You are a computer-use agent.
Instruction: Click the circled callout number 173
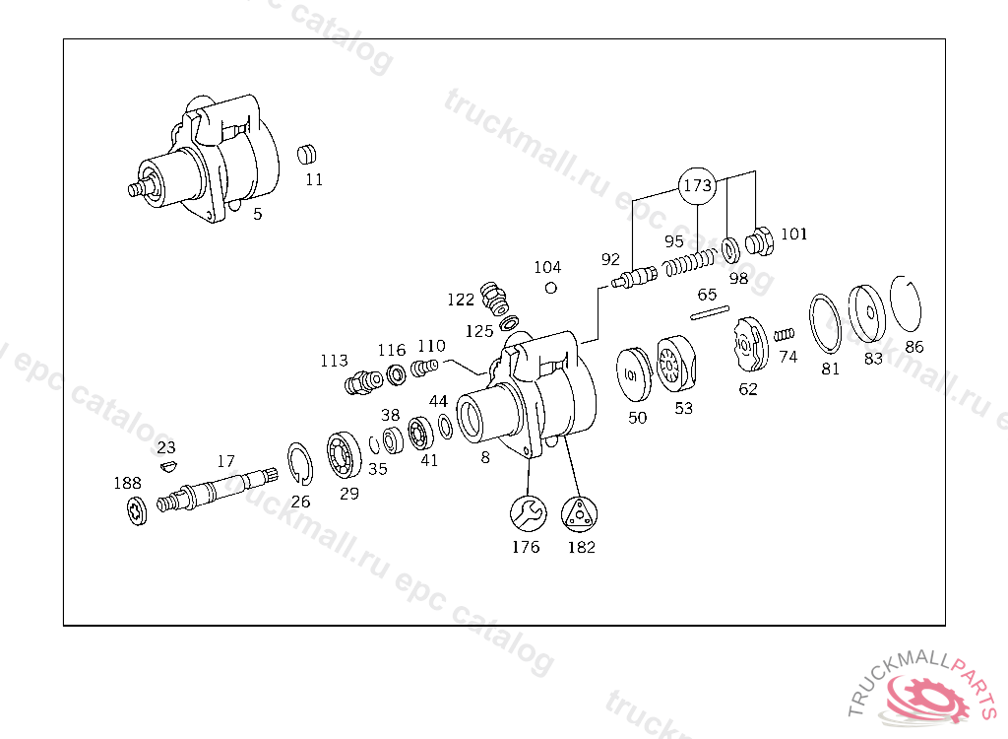coord(697,186)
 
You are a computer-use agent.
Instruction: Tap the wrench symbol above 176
coord(529,513)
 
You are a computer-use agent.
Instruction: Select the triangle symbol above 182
coord(579,514)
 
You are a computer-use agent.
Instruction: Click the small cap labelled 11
coord(307,155)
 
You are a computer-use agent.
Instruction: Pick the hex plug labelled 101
coord(760,242)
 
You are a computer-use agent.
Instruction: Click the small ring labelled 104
coord(551,288)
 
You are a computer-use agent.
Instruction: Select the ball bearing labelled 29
coord(344,455)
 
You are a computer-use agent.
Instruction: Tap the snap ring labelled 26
coord(300,463)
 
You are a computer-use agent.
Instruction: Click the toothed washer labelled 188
coord(137,511)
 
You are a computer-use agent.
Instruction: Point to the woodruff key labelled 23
coord(168,466)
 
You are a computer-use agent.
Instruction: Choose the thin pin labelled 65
coord(710,312)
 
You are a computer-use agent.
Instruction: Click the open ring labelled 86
coord(906,303)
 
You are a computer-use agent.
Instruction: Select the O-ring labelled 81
coord(825,324)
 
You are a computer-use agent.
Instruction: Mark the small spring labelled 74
coord(784,335)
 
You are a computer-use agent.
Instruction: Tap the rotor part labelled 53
coord(676,364)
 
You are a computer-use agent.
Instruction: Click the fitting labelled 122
coord(494,298)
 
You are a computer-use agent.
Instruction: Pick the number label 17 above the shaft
coord(225,461)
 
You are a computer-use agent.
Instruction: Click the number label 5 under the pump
coord(257,214)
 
